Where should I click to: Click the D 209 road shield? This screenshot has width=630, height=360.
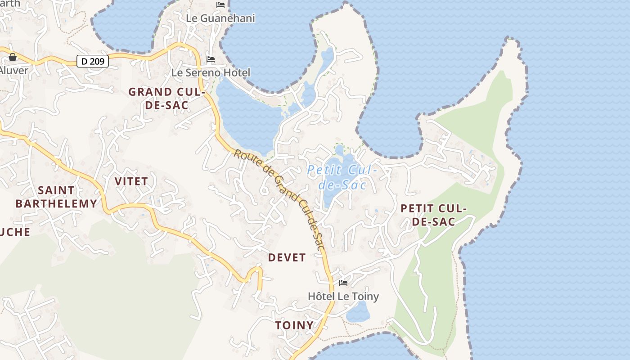(x=93, y=61)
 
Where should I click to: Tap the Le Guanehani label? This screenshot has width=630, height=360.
(x=220, y=18)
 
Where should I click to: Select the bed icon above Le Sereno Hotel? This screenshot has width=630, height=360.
(x=210, y=59)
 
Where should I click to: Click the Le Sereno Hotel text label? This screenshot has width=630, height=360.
(x=211, y=72)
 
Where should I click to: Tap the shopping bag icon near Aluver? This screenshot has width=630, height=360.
(x=13, y=57)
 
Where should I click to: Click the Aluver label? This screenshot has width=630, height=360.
(x=13, y=70)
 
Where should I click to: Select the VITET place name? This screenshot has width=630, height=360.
(x=131, y=181)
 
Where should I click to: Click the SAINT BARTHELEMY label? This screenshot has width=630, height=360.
(x=56, y=197)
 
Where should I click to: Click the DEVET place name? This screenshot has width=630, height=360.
(x=287, y=257)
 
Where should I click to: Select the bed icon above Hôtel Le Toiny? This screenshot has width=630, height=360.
(x=343, y=283)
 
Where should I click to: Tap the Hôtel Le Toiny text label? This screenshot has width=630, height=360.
(x=343, y=296)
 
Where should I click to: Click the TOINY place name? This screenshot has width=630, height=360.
(x=294, y=325)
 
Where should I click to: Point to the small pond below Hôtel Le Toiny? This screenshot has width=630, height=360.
(x=358, y=312)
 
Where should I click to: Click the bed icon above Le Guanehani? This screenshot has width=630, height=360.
(x=220, y=5)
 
